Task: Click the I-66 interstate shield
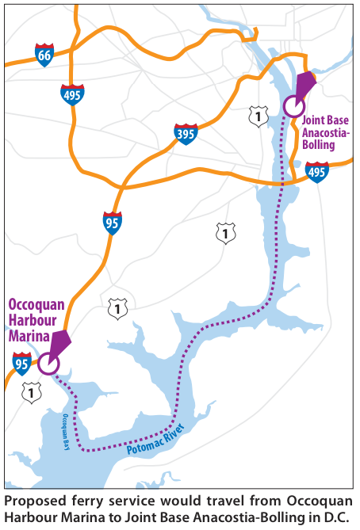44,55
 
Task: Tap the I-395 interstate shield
186,134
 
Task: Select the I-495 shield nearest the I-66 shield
72,95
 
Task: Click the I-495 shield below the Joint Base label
317,173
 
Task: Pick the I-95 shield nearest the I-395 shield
113,223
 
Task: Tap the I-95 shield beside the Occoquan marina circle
22,364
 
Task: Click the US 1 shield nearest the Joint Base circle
259,116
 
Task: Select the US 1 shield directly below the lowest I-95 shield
32,393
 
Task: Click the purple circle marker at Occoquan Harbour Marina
48,364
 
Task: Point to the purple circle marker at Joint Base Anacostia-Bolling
294,106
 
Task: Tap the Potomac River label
156,439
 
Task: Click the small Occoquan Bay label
67,432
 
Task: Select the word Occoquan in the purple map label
36,304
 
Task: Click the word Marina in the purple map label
29,336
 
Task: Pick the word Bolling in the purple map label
319,145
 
